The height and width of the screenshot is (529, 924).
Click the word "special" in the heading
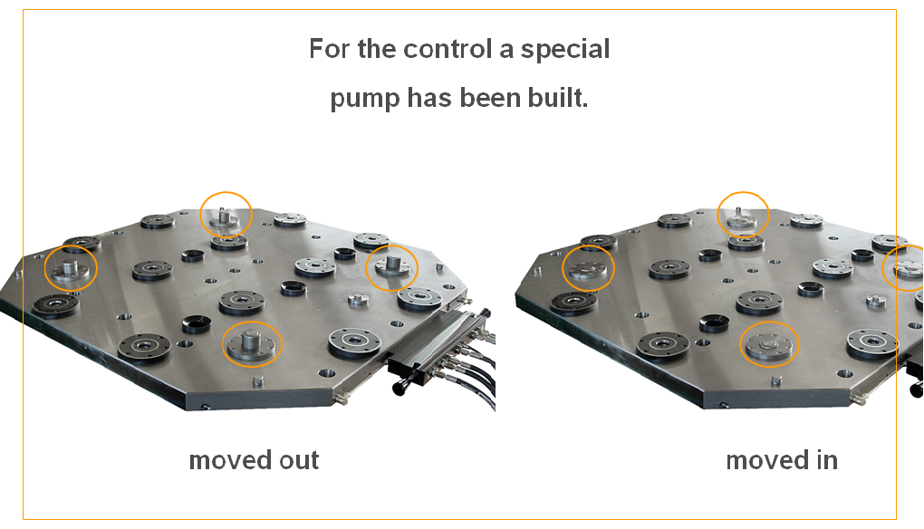tap(565, 50)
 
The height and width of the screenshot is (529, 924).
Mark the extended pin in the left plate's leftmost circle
tap(71, 265)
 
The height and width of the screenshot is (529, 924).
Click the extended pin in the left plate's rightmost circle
tap(393, 262)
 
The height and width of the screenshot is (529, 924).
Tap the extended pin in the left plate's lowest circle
tap(250, 341)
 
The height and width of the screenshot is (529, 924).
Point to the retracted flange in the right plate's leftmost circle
tap(588, 269)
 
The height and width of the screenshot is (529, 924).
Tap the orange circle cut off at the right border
tap(884, 268)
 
